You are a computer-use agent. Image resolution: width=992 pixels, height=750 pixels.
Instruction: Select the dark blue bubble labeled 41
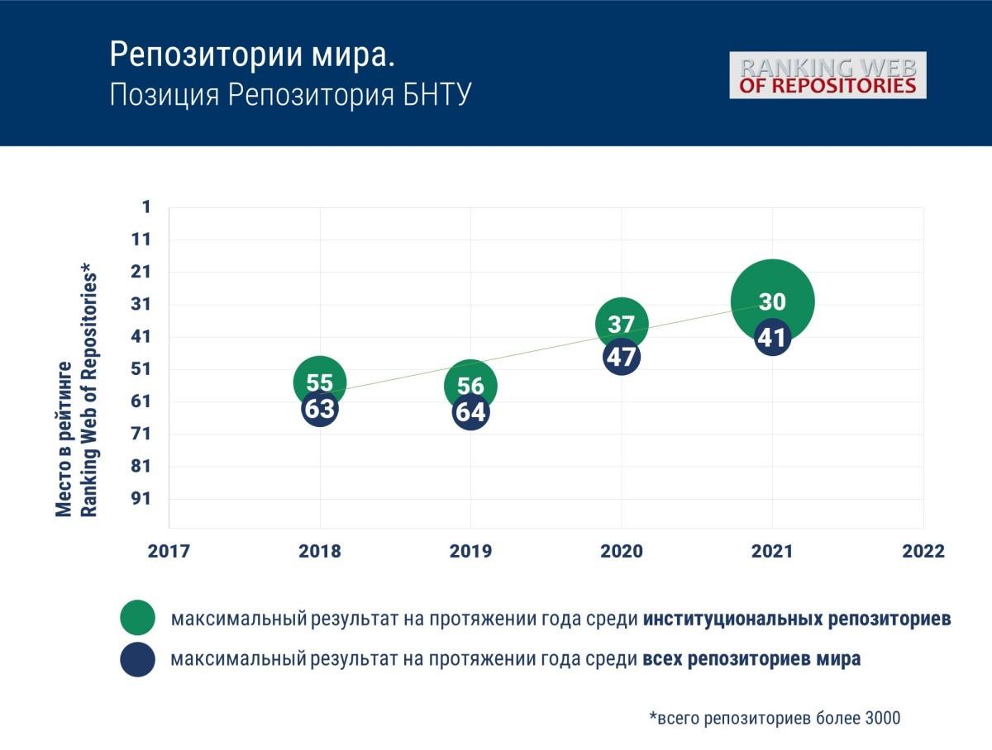click(772, 338)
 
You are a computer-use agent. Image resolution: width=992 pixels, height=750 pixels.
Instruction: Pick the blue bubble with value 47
click(622, 358)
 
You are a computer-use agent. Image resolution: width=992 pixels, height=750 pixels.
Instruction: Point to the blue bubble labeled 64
click(470, 412)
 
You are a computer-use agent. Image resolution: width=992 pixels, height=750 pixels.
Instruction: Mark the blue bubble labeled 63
click(319, 408)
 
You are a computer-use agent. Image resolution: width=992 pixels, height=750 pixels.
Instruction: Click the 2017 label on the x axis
click(169, 552)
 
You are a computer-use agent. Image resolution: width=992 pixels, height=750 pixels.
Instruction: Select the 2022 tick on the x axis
click(923, 552)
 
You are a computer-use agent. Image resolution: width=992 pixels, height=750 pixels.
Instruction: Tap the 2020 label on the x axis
click(621, 552)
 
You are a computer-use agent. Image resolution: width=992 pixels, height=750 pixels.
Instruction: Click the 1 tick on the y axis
click(147, 206)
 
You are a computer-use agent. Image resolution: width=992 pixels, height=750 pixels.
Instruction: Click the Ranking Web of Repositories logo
click(827, 75)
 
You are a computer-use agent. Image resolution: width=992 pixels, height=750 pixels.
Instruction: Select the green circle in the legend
click(137, 618)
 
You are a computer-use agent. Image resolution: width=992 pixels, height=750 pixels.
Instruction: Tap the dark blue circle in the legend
click(137, 659)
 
